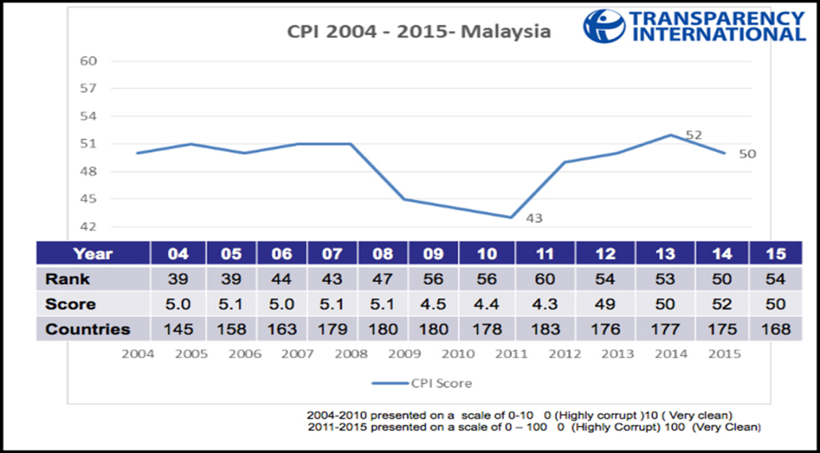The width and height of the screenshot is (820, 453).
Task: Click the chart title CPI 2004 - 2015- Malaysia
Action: click(x=418, y=33)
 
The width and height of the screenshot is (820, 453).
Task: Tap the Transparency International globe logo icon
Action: click(x=604, y=26)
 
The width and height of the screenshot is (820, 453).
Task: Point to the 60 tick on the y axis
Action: click(x=89, y=61)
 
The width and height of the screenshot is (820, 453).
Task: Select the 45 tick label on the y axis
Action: click(x=89, y=199)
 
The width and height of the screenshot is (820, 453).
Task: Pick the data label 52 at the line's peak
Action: click(x=694, y=135)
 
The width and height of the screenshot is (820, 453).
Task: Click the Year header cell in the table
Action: click(x=93, y=254)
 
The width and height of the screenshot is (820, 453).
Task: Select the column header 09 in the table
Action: click(x=434, y=254)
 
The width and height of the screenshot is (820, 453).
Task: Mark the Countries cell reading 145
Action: click(x=177, y=329)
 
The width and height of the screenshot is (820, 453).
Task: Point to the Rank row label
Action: click(x=68, y=279)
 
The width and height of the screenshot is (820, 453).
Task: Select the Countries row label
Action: click(x=87, y=329)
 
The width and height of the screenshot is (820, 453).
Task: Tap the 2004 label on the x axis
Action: click(x=138, y=354)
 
